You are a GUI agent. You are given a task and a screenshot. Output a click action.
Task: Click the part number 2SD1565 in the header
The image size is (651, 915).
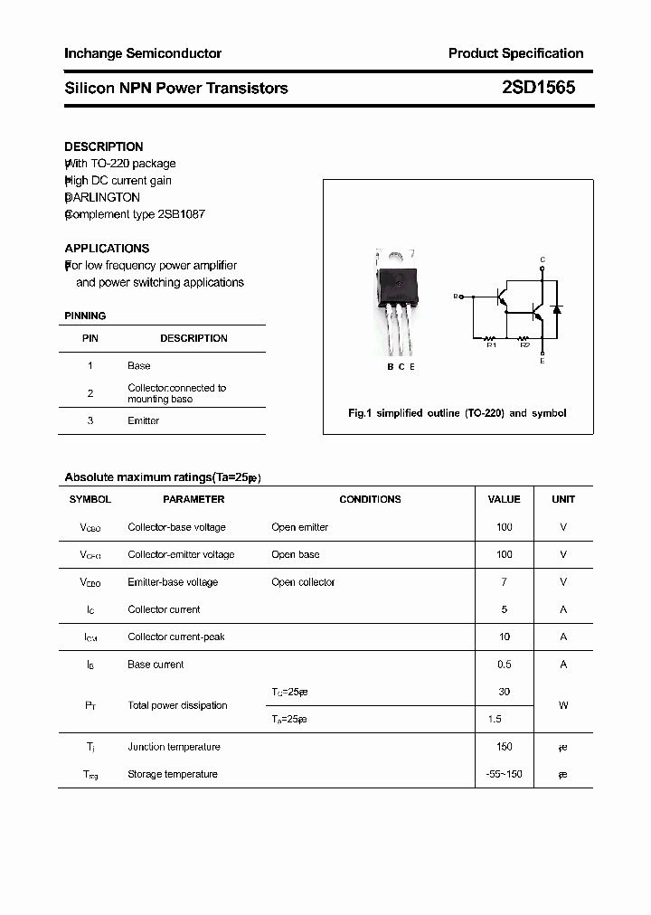(x=537, y=88)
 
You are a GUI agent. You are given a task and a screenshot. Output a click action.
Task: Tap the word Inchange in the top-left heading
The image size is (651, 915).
(x=91, y=53)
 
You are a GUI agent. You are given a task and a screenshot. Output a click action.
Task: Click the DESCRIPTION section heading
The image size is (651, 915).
(x=103, y=146)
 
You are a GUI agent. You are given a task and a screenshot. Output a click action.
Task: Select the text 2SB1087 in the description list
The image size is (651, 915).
(x=181, y=214)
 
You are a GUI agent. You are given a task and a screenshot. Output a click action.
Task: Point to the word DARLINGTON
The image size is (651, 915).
(x=103, y=197)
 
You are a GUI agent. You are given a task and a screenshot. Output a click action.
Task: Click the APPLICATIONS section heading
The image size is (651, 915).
(x=107, y=248)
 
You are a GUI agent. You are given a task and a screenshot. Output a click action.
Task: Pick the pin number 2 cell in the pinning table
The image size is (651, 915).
(x=90, y=393)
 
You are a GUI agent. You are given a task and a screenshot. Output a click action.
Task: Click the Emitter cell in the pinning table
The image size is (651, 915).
(x=143, y=420)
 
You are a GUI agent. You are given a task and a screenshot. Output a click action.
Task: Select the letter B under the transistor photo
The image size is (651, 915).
(x=390, y=366)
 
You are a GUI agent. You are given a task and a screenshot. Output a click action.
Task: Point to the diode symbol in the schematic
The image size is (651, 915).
(x=557, y=310)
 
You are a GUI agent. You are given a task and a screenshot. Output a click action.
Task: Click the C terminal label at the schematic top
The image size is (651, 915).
(x=542, y=260)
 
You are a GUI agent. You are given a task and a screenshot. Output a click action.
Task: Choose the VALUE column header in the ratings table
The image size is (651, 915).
(x=504, y=499)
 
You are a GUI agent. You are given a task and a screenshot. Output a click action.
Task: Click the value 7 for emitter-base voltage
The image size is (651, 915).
(x=504, y=582)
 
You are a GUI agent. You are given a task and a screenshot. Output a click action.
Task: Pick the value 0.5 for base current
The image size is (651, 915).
(x=504, y=665)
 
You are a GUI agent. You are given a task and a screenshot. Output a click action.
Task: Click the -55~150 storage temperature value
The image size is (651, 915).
(x=504, y=774)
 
